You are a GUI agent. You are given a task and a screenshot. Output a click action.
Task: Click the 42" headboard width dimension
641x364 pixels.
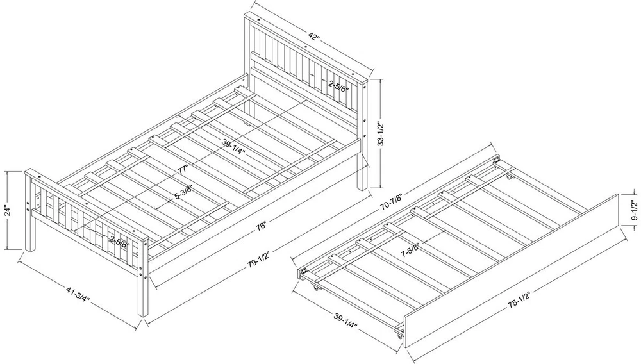click(x=313, y=36)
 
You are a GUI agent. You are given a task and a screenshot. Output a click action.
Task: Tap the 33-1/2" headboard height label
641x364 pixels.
click(x=381, y=133)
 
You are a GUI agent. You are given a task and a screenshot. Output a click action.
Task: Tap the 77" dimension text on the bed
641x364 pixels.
click(x=183, y=169)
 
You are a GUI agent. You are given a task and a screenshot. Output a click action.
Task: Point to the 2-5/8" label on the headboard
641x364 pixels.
click(x=338, y=86)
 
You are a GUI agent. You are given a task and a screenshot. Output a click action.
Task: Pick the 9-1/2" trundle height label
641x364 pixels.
click(x=634, y=210)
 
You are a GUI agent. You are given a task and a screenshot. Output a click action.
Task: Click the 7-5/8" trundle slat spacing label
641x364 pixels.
click(x=410, y=250)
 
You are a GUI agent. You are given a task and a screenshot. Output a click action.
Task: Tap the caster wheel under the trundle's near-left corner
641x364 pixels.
click(x=316, y=288)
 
